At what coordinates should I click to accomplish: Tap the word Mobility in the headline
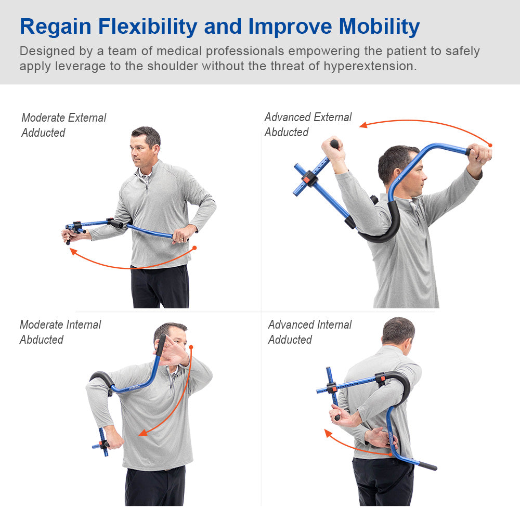coord(372,27)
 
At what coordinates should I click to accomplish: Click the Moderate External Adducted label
coord(63,125)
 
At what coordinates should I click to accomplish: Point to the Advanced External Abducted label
coord(308,125)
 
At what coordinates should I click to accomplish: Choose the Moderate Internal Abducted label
coord(60,332)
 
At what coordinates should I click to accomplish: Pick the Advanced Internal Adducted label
coord(309,332)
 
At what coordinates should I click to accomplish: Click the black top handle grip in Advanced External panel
coord(334,144)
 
